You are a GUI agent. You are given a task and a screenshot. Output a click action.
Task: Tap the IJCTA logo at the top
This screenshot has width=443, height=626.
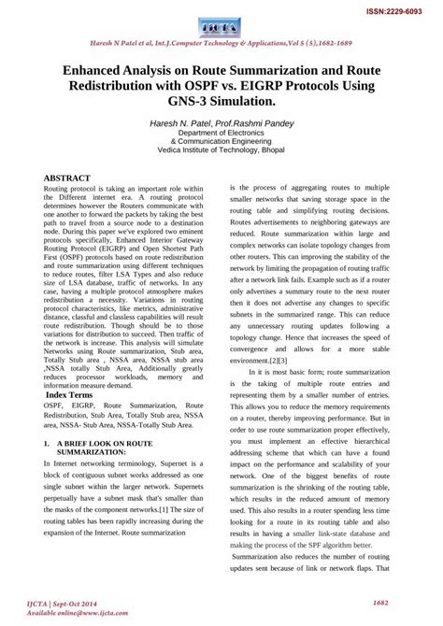pyautogui.click(x=221, y=24)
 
